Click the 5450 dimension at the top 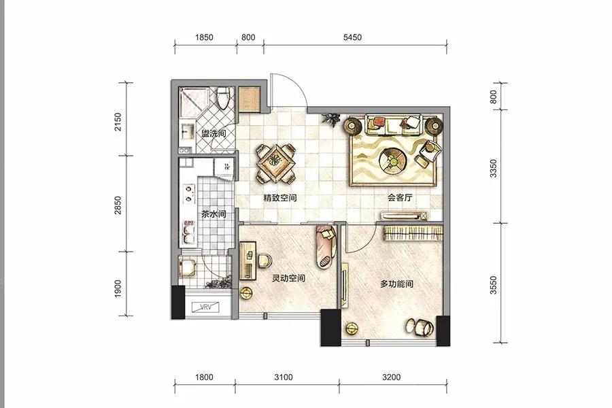pyautogui.click(x=352, y=37)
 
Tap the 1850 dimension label pyautogui.click(x=204, y=37)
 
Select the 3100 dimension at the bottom pyautogui.click(x=284, y=377)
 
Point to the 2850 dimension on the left pyautogui.click(x=118, y=205)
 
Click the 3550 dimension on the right pyautogui.click(x=494, y=285)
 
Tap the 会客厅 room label pyautogui.click(x=400, y=198)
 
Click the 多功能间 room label pyautogui.click(x=396, y=284)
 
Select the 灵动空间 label pyautogui.click(x=288, y=278)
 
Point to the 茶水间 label pyautogui.click(x=214, y=214)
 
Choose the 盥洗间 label pyautogui.click(x=214, y=133)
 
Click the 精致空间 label pyautogui.click(x=280, y=198)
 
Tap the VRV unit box pyautogui.click(x=205, y=307)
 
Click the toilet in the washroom pyautogui.click(x=223, y=98)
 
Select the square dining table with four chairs pyautogui.click(x=275, y=164)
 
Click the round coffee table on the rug pyautogui.click(x=392, y=160)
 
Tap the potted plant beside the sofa pyautogui.click(x=331, y=119)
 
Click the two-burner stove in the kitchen pyautogui.click(x=189, y=194)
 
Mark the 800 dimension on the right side pyautogui.click(x=494, y=97)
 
